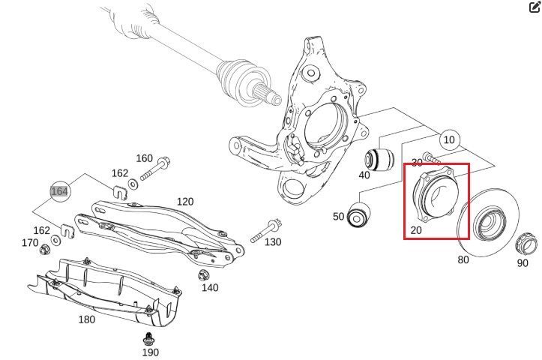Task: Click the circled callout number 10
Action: (449, 139)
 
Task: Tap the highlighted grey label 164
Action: (59, 191)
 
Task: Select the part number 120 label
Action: (185, 201)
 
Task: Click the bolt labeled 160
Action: (155, 169)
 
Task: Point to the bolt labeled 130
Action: (266, 230)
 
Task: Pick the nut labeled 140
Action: (203, 275)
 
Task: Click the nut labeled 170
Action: (44, 249)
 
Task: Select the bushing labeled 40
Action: (379, 159)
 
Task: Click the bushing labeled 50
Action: (358, 215)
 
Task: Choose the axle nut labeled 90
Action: (526, 244)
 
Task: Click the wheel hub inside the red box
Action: (437, 195)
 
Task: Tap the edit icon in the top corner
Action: (535, 7)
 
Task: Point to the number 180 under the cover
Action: (87, 319)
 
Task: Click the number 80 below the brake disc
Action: (463, 259)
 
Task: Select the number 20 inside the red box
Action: (416, 230)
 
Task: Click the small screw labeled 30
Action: (431, 158)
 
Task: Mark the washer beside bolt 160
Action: (133, 184)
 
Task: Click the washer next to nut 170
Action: (55, 240)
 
